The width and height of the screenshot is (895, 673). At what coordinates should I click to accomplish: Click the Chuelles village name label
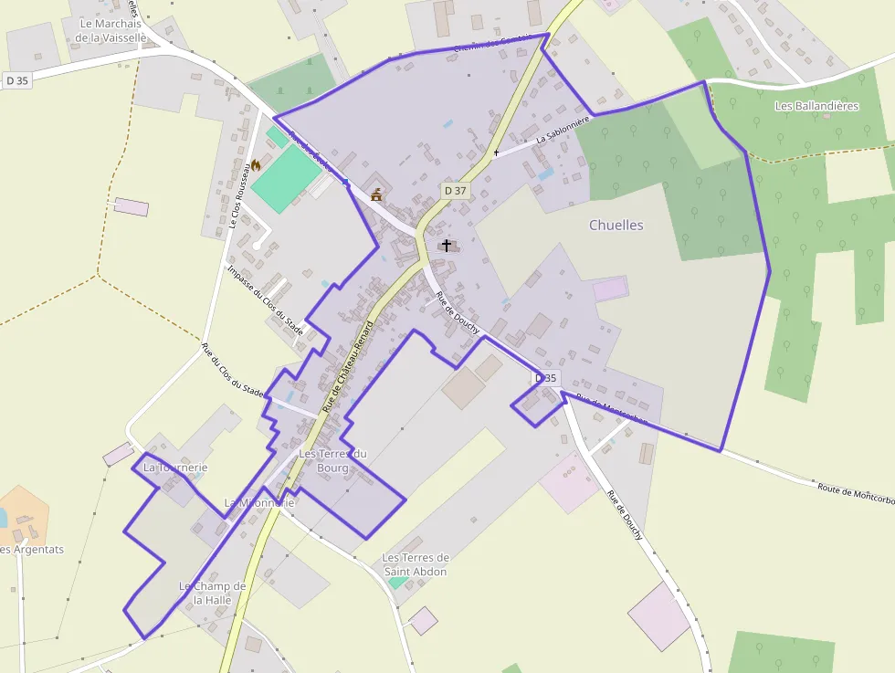pyautogui.click(x=616, y=225)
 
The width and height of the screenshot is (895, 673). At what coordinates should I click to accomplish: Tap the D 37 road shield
pyautogui.click(x=455, y=191)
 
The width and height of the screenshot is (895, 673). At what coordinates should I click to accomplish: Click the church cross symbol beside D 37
pyautogui.click(x=446, y=245)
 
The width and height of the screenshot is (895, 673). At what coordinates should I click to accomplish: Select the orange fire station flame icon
pyautogui.click(x=256, y=165)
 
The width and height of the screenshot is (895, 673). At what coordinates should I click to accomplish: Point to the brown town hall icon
pyautogui.click(x=376, y=195)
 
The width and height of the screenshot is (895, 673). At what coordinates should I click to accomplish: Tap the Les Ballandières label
pyautogui.click(x=816, y=106)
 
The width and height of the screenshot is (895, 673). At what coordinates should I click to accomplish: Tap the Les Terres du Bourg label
pyautogui.click(x=332, y=460)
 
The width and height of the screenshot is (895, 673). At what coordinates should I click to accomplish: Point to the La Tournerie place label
pyautogui.click(x=175, y=468)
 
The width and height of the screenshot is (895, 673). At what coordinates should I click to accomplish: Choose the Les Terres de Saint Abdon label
pyautogui.click(x=415, y=564)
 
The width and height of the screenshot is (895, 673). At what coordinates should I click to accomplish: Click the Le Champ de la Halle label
pyautogui.click(x=212, y=593)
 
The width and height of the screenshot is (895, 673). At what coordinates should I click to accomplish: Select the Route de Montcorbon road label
pyautogui.click(x=855, y=494)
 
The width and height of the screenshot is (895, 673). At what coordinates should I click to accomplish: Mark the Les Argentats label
pyautogui.click(x=33, y=550)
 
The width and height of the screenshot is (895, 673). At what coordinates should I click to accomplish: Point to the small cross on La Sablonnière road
pyautogui.click(x=496, y=152)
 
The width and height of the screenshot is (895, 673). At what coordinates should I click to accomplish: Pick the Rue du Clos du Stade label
pyautogui.click(x=233, y=371)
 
